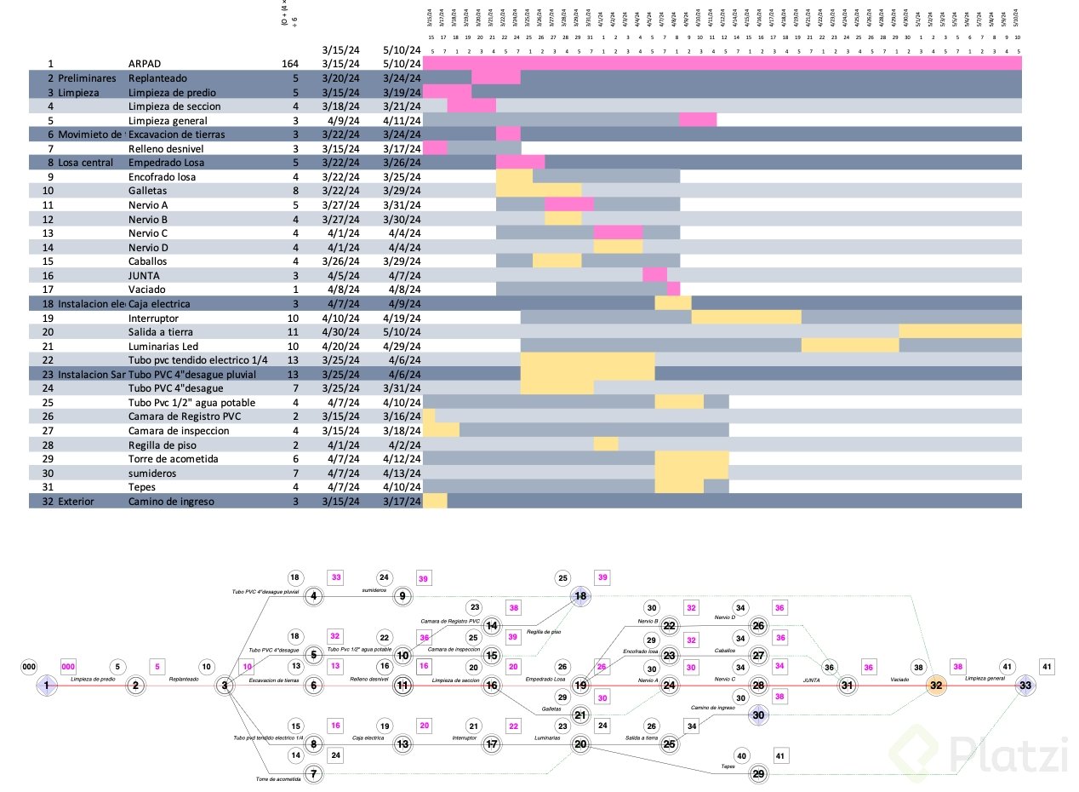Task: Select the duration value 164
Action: tap(290, 64)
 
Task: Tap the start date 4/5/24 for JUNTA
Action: tap(342, 276)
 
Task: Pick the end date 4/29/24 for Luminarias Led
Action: tap(402, 346)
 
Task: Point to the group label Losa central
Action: tap(85, 163)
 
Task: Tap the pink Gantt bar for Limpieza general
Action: tap(698, 120)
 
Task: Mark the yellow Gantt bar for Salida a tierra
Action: tap(960, 332)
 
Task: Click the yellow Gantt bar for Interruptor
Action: tap(746, 318)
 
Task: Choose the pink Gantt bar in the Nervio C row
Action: tap(618, 233)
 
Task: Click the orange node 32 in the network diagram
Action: tap(936, 685)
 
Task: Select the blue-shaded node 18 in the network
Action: tap(580, 597)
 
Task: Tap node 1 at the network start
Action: tap(46, 685)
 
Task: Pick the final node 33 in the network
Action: tap(1025, 685)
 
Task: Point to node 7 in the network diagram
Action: tap(314, 773)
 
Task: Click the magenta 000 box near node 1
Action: tap(68, 667)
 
